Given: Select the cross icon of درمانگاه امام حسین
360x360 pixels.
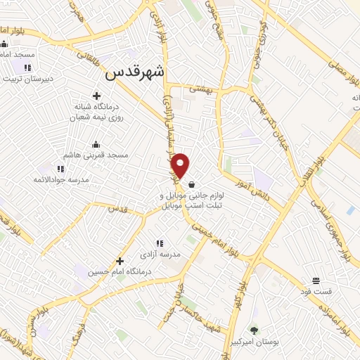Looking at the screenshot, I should (120, 261).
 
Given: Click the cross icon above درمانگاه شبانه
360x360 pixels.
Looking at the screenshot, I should (96, 96).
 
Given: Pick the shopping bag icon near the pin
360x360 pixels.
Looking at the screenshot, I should (192, 184).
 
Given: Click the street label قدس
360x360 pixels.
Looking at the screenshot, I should (117, 208).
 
